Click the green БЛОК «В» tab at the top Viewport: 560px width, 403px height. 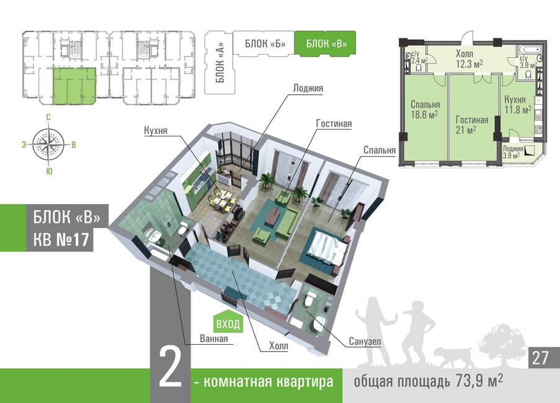[325, 43]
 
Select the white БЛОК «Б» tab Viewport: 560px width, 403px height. [264, 43]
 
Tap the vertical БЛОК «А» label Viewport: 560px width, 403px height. [220, 63]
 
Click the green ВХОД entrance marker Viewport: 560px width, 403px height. [228, 323]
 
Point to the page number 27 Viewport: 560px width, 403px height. [540, 358]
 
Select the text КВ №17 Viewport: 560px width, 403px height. [61, 239]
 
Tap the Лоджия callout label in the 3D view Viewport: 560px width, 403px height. [308, 88]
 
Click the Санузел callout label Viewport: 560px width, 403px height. [365, 342]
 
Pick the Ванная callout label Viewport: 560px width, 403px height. [213, 339]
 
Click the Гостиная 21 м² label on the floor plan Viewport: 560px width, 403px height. [471, 125]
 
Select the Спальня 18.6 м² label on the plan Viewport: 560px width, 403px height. [425, 110]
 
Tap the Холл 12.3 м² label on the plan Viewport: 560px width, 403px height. [469, 59]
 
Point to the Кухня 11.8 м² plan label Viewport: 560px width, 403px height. [517, 104]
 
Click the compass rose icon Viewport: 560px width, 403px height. [48, 144]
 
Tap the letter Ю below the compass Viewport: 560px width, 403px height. [49, 171]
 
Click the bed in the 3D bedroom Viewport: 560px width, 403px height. [325, 248]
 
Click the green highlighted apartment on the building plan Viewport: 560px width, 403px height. [74, 86]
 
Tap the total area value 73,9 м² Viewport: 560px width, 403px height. [479, 381]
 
